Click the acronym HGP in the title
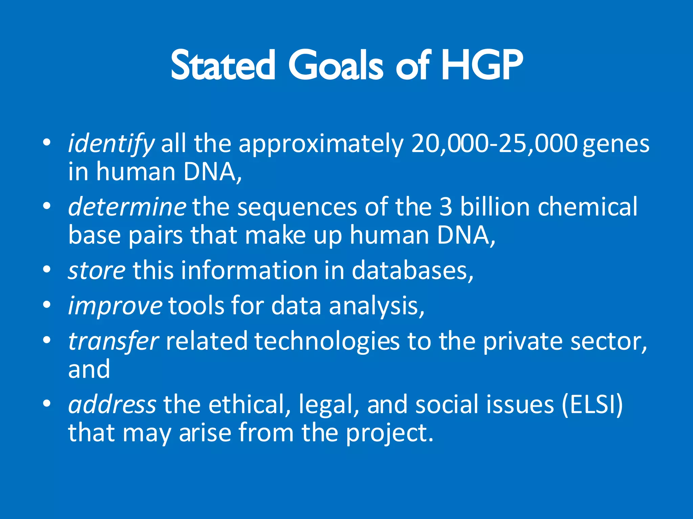(482, 65)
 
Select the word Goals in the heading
(335, 65)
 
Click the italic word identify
(111, 144)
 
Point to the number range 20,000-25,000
(494, 143)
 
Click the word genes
(616, 145)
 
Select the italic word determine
(127, 206)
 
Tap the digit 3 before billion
(446, 206)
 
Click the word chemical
(587, 206)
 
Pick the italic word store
(97, 270)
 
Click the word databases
(412, 270)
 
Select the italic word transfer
(113, 341)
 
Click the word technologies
(327, 342)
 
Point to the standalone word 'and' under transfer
(89, 369)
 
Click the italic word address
(112, 404)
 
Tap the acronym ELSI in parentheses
(592, 404)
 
